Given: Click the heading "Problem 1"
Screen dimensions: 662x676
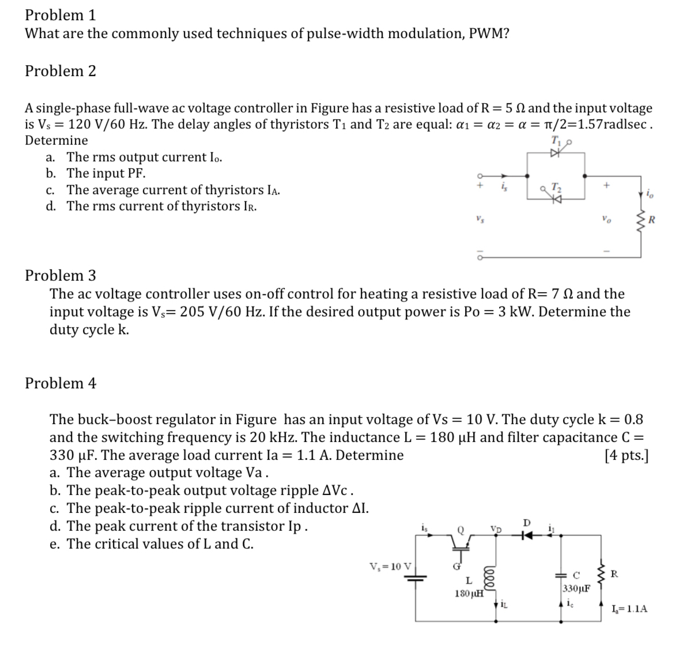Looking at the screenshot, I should [60, 14].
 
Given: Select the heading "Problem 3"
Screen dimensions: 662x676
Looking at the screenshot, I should [60, 275].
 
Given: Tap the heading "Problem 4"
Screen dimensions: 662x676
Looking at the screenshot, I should [60, 383].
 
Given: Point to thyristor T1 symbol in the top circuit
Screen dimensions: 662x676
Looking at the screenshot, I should [556, 153].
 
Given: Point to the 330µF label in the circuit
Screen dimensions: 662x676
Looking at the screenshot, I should [575, 588].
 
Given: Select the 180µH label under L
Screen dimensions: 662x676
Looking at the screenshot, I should [469, 593].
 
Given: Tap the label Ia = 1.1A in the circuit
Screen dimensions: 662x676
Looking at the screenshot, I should [629, 608].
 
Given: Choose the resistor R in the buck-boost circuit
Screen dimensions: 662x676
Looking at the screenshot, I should [602, 574].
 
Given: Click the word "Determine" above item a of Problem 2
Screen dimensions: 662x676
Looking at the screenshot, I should [56, 140].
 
